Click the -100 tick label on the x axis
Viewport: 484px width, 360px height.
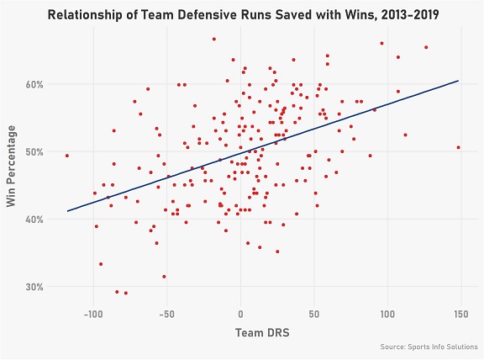pos(93,314)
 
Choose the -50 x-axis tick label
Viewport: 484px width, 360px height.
pos(167,314)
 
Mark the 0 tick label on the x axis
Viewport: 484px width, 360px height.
pos(240,314)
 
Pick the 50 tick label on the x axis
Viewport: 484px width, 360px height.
pos(314,314)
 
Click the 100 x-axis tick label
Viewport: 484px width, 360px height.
pos(387,314)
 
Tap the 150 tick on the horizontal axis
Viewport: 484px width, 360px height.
pos(461,314)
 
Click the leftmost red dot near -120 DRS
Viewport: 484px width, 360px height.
pos(66,156)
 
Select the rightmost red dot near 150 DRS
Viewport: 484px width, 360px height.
pos(459,147)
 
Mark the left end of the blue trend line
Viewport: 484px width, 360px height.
pos(67,211)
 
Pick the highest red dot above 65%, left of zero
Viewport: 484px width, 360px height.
pos(214,39)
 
